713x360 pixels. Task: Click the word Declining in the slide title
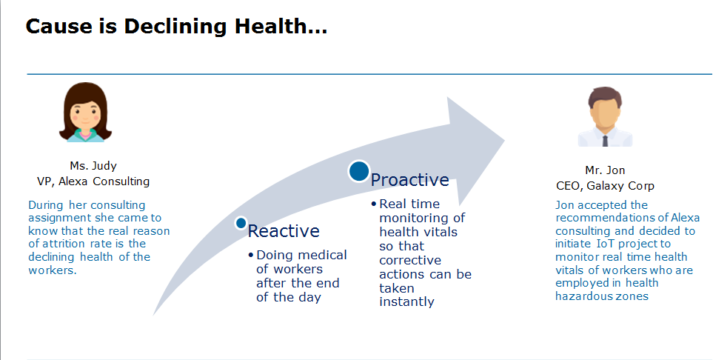coord(175,27)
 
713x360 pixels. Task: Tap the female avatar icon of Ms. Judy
coord(85,112)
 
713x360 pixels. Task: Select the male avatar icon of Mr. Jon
coord(605,117)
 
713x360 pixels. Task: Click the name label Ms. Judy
coord(93,166)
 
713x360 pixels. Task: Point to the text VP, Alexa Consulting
coord(93,181)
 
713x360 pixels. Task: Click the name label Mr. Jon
coord(605,170)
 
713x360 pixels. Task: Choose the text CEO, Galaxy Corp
coord(605,186)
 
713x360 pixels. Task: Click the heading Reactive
coord(284,231)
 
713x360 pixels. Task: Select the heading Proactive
coord(409,180)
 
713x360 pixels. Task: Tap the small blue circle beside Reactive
coord(241,223)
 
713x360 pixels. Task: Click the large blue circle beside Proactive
coord(359,171)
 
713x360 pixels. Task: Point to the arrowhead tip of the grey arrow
coord(505,140)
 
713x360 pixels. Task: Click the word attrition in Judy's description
coord(64,244)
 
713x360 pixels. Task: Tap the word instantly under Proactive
coord(406,302)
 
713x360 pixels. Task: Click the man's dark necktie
coord(605,141)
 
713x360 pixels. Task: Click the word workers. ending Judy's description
coord(53,270)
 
